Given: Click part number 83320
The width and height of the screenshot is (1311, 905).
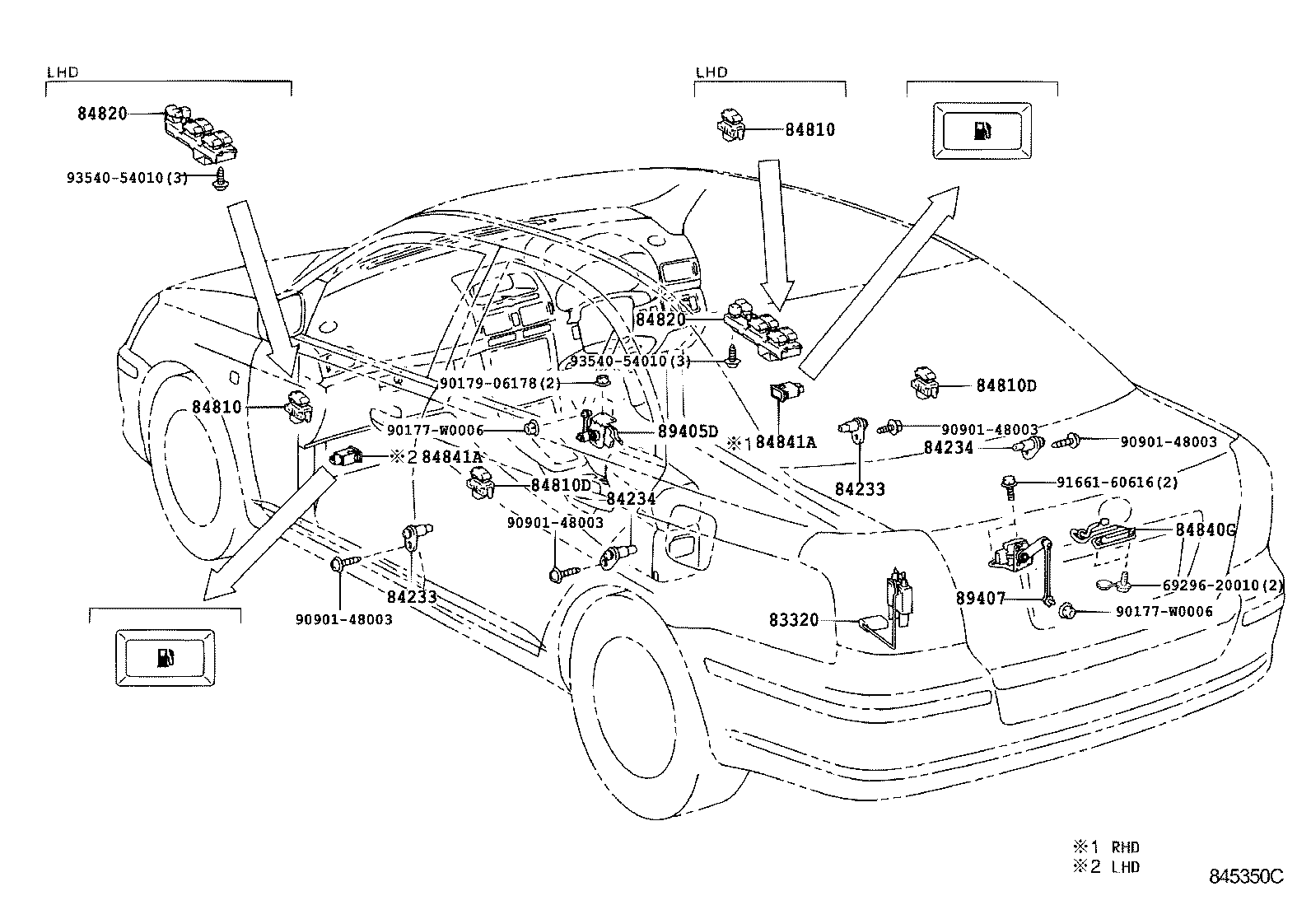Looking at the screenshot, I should pyautogui.click(x=795, y=619).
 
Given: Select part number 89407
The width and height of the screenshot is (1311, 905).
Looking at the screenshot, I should pyautogui.click(x=980, y=599).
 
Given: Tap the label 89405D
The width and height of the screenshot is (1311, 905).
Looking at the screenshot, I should pyautogui.click(x=688, y=432).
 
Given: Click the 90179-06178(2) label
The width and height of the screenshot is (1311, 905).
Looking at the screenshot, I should pyautogui.click(x=500, y=383).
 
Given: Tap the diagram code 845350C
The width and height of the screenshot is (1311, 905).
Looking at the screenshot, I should pyautogui.click(x=1246, y=876).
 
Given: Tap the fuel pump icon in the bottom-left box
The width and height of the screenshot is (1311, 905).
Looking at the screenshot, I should pyautogui.click(x=165, y=657).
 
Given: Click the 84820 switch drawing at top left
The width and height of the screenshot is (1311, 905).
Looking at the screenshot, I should pyautogui.click(x=200, y=132).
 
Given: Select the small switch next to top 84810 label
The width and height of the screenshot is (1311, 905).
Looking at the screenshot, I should pyautogui.click(x=731, y=125).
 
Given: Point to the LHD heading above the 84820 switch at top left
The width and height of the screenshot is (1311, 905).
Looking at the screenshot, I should pyautogui.click(x=63, y=72).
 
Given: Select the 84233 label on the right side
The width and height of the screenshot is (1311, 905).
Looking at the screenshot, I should pyautogui.click(x=860, y=488).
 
